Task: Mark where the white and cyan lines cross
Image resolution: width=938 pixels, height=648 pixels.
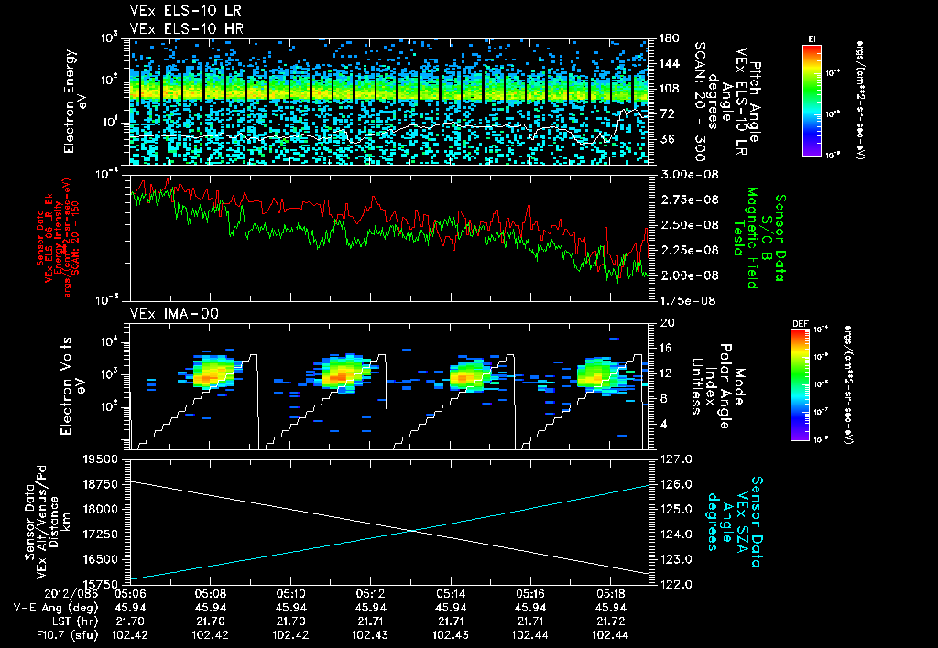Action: pyautogui.click(x=409, y=530)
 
